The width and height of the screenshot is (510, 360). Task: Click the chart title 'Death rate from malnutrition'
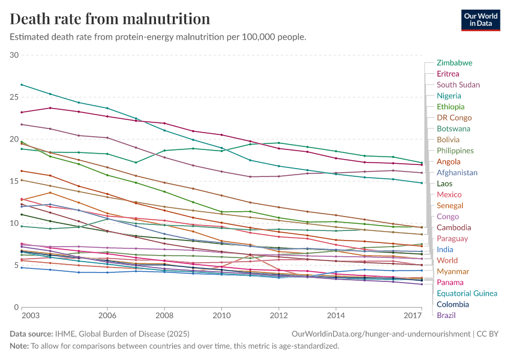(110, 19)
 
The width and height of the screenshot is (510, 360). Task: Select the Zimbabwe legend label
(454, 62)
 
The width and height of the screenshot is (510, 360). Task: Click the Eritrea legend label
(448, 74)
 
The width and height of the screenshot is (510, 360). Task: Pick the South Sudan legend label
(458, 85)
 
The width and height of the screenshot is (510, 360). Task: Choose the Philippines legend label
(455, 151)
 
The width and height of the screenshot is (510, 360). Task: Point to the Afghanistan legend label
(457, 173)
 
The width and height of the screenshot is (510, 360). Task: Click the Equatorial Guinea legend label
(467, 293)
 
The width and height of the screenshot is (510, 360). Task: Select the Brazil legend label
(446, 315)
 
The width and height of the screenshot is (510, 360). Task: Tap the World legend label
(447, 260)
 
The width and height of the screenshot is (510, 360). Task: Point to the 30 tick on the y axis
(14, 55)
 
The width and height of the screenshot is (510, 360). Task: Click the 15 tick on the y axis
(14, 181)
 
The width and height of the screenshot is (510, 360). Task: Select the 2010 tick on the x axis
(222, 315)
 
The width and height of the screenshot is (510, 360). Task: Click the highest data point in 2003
(22, 85)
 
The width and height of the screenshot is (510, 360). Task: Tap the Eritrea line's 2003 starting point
(22, 112)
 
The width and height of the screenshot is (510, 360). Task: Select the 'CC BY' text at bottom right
(487, 333)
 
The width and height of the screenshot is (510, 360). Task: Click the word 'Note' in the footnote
(19, 346)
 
